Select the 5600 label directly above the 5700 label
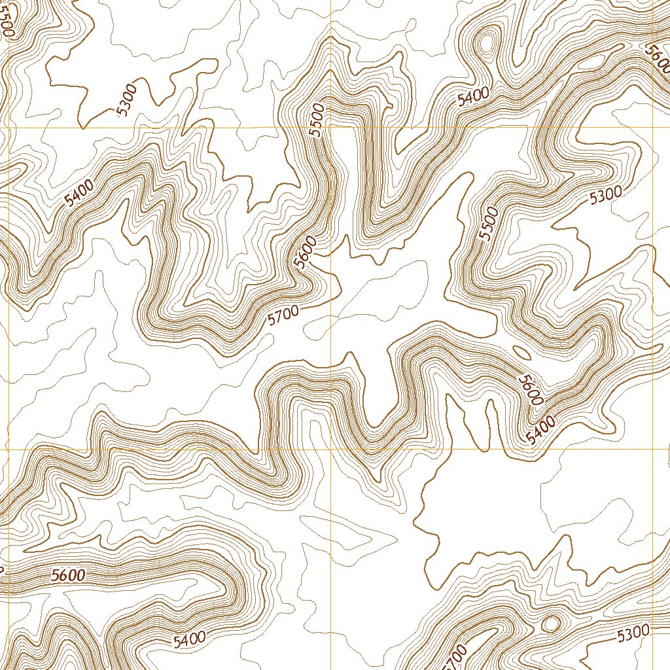coord(305,252)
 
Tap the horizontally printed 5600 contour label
coord(68,576)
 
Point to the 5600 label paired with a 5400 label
coord(531,389)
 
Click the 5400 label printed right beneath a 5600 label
coord(541,430)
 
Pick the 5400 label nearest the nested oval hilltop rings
coord(473,97)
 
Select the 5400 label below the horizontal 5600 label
coord(190,639)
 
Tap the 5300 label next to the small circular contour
coord(633,632)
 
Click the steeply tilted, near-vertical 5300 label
coord(127,99)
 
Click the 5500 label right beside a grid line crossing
coord(318,120)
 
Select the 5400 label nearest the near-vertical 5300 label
coord(80,193)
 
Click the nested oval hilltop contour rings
coord(485,44)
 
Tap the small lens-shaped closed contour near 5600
coord(521,353)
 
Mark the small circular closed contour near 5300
coord(551,624)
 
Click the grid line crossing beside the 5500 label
coord(331,128)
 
